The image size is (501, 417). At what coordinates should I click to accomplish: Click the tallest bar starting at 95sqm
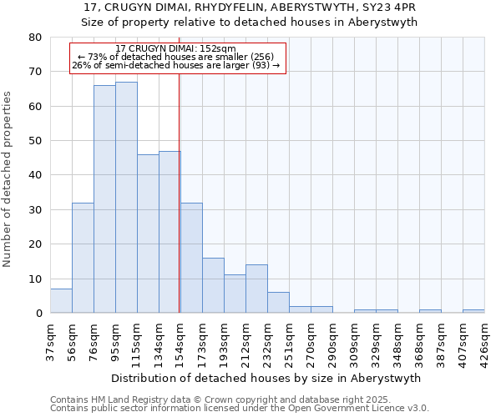click(126, 198)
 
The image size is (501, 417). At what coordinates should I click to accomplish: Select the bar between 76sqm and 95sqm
click(104, 199)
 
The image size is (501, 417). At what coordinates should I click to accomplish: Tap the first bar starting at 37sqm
click(61, 301)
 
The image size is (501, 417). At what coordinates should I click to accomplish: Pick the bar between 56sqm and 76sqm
click(83, 258)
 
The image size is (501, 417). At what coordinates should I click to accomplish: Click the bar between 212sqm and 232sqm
click(256, 289)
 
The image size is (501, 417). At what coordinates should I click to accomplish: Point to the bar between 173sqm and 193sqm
click(213, 285)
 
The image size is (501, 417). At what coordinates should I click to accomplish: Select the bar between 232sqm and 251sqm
click(278, 303)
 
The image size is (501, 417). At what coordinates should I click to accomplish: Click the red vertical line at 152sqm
click(180, 192)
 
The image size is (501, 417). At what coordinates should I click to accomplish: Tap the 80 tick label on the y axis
click(35, 38)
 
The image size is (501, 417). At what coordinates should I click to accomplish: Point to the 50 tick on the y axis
click(35, 141)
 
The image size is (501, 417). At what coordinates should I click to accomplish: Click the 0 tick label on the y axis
click(38, 314)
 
